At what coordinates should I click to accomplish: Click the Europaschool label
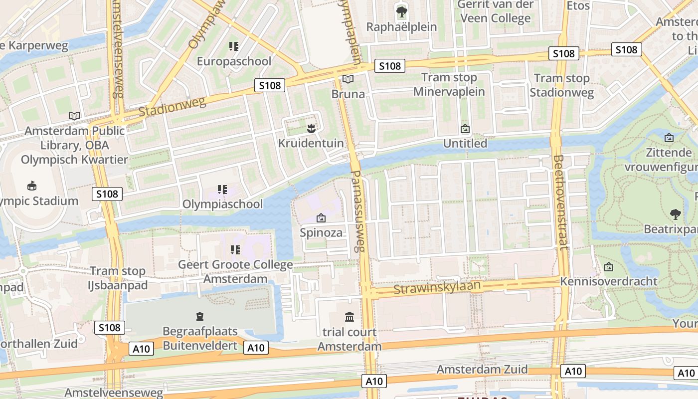[234, 61]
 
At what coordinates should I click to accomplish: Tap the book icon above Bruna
[348, 79]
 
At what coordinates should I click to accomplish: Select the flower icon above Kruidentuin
[311, 128]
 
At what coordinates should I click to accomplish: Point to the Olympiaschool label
[222, 204]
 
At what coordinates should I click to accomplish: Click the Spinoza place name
[321, 232]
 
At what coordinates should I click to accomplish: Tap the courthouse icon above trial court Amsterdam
[349, 317]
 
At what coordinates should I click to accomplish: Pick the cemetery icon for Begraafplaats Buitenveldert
[200, 316]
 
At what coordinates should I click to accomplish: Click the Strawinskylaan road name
[437, 287]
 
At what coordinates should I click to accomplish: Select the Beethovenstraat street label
[560, 202]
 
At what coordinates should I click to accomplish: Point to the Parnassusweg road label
[357, 211]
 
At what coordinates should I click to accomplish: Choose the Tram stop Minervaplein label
[449, 84]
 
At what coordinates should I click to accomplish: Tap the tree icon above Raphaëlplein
[401, 11]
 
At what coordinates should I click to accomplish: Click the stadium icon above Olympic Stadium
[32, 186]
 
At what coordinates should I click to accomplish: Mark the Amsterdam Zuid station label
[482, 369]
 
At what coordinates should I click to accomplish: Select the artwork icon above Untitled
[465, 129]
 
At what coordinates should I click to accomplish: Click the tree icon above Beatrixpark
[676, 214]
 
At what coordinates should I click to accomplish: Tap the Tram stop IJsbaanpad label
[118, 278]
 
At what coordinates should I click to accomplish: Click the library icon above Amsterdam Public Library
[74, 116]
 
